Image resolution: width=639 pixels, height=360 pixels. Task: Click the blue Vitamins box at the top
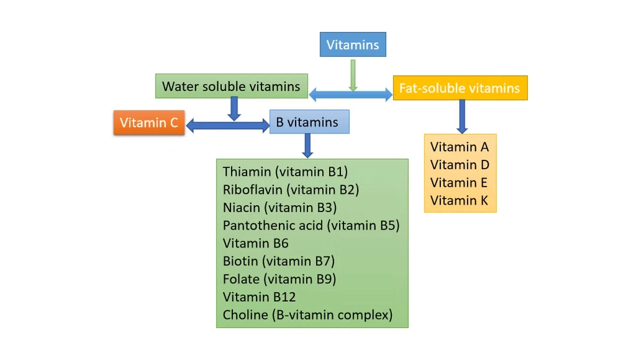(x=353, y=45)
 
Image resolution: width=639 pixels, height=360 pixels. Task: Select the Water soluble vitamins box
(x=231, y=86)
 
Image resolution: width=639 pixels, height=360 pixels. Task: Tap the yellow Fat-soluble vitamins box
(x=460, y=88)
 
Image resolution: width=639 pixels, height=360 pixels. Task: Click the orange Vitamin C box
(x=149, y=123)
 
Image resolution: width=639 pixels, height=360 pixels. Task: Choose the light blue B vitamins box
(x=309, y=122)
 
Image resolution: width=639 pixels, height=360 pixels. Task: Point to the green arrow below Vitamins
(x=353, y=75)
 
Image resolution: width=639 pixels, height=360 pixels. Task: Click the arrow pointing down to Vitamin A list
(x=462, y=116)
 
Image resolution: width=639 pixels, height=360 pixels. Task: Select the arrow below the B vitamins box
(x=307, y=145)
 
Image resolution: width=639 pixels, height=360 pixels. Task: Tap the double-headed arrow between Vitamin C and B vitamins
(x=227, y=126)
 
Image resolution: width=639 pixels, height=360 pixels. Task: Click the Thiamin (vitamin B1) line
(x=285, y=172)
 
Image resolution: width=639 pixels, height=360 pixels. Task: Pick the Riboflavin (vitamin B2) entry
(x=291, y=190)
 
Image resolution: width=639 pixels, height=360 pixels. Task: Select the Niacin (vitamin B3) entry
(x=280, y=208)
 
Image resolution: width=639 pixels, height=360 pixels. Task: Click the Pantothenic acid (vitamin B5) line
(x=311, y=225)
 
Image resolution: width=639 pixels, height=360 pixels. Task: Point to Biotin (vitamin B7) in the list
(x=278, y=261)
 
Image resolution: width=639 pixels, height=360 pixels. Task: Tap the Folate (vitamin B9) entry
(x=279, y=279)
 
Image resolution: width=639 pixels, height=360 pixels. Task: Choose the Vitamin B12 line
(x=259, y=297)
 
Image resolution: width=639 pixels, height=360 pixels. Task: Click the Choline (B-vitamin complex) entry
(x=307, y=315)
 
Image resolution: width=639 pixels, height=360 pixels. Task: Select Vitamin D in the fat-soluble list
(x=460, y=165)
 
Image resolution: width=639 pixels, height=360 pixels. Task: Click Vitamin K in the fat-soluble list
(x=459, y=201)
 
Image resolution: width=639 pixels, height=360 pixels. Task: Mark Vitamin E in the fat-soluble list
(x=459, y=183)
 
